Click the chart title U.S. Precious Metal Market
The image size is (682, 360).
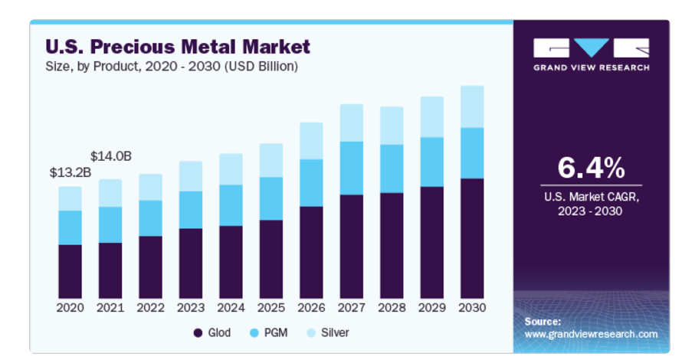click(x=177, y=47)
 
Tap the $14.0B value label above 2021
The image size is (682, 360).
click(x=111, y=156)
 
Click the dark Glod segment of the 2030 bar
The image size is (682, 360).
click(x=472, y=238)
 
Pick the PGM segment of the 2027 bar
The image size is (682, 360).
click(x=352, y=168)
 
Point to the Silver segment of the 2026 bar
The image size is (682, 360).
click(x=311, y=141)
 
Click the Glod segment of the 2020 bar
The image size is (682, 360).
click(x=70, y=271)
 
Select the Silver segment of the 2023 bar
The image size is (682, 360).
click(x=191, y=176)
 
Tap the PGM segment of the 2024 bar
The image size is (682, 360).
click(x=231, y=205)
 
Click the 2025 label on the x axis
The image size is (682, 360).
click(x=271, y=308)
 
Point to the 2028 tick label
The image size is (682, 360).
click(x=392, y=308)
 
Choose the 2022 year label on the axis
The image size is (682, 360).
click(x=151, y=308)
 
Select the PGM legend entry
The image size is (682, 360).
click(x=269, y=333)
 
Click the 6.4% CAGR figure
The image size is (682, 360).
click(x=591, y=167)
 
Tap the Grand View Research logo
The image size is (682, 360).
click(x=591, y=54)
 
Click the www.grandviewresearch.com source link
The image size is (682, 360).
click(x=591, y=334)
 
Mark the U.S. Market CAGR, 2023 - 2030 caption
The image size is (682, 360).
click(x=591, y=204)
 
